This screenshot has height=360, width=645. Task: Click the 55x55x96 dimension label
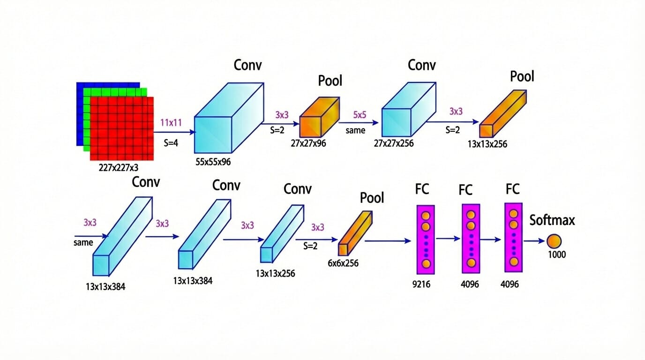coord(213,162)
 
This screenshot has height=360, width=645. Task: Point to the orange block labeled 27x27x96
coord(319,118)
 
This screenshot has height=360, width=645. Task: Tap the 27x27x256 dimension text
coord(394,143)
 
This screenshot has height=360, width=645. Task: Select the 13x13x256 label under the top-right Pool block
coord(487,144)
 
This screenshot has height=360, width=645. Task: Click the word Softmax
coord(552,220)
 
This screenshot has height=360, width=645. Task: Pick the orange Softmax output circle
coord(553,241)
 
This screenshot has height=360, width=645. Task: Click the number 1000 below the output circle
coord(556,255)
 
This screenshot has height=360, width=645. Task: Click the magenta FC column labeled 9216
coord(426,240)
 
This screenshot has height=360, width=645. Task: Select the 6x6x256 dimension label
coord(343,263)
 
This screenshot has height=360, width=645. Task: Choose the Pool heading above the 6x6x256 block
coord(372,198)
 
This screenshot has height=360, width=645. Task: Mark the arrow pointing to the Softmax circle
coord(534,241)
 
